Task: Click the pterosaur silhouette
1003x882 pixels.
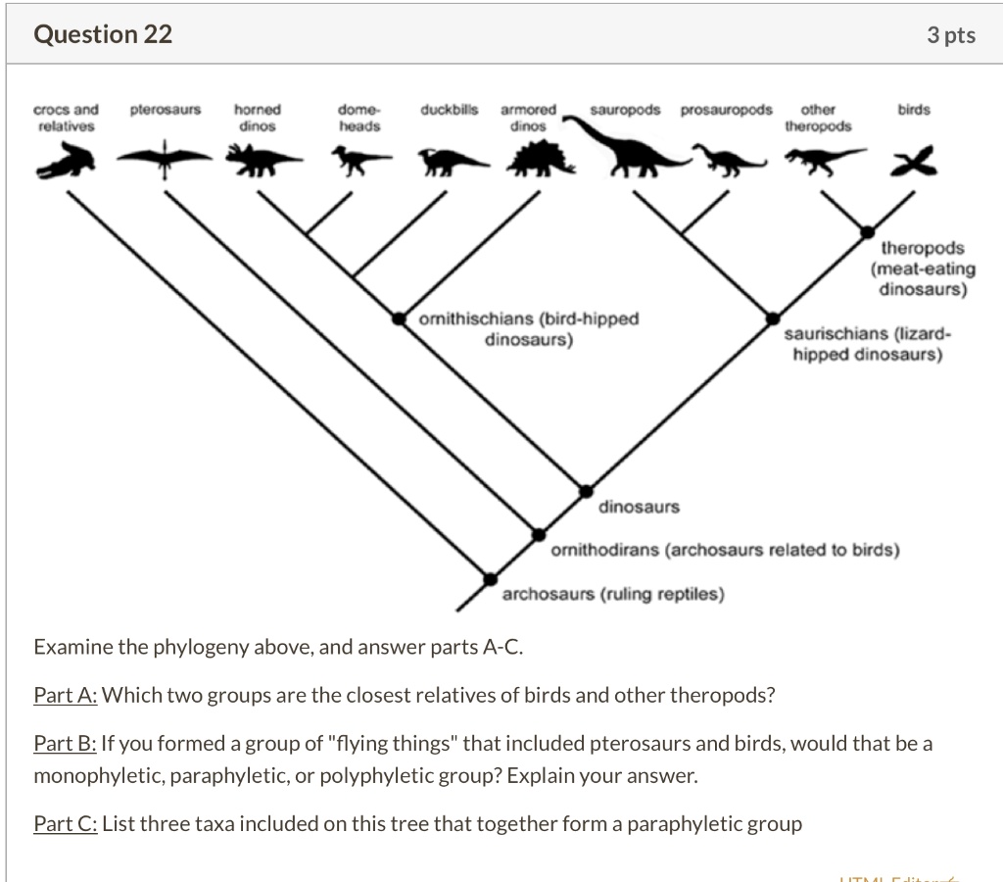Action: [164, 156]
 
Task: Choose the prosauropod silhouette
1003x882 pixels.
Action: [728, 159]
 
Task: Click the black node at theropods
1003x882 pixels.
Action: [868, 232]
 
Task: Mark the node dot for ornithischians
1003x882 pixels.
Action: [400, 318]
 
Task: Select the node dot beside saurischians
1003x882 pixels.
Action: [773, 318]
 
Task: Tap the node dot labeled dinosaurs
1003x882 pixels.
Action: [586, 491]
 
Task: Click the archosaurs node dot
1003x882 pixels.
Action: [490, 578]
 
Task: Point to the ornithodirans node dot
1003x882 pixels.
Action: [538, 534]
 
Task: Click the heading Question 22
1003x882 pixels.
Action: [103, 34]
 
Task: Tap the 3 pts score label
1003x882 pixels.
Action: [951, 35]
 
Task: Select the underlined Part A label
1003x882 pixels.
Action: [66, 696]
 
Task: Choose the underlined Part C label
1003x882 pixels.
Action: [66, 824]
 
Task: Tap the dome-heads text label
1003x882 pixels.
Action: [359, 118]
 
